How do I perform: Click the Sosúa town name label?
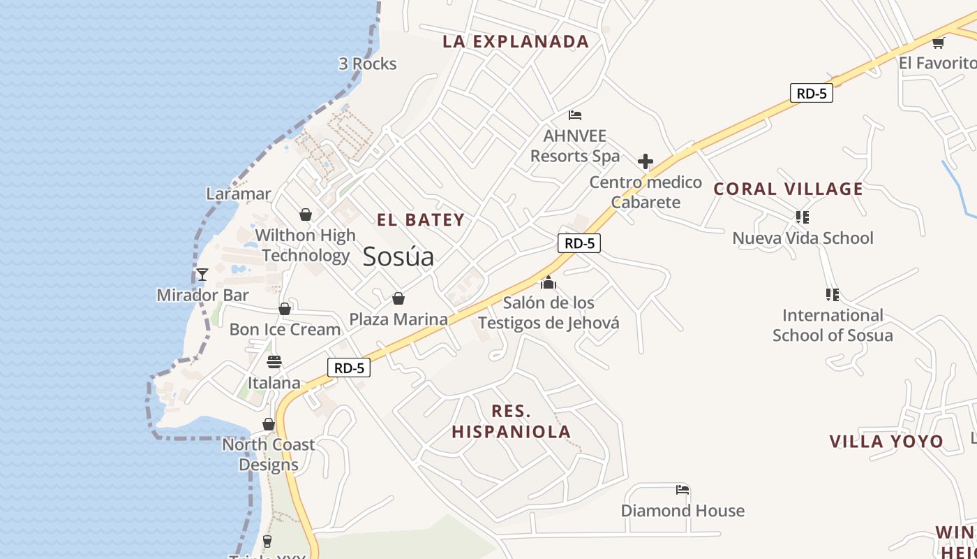tap(398, 256)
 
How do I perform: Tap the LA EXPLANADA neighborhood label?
tap(516, 41)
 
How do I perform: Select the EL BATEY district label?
tap(421, 220)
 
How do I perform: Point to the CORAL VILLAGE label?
tap(788, 189)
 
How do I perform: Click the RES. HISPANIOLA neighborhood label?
tap(512, 421)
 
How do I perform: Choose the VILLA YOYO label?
tap(886, 442)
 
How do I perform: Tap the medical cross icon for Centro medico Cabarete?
tap(646, 162)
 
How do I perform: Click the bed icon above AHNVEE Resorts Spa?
tap(575, 115)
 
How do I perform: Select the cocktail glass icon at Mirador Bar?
tap(202, 275)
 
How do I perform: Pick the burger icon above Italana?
tap(274, 362)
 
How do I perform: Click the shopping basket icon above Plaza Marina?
tap(398, 299)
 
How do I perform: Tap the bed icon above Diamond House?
tap(683, 490)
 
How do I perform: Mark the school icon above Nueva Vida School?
tap(803, 217)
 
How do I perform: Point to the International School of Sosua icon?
tap(832, 295)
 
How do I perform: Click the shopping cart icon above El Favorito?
tap(938, 43)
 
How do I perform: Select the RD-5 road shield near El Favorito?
tap(812, 93)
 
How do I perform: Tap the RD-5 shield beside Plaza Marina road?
tap(349, 368)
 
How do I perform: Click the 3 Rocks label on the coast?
tap(368, 64)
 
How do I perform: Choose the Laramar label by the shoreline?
tap(239, 194)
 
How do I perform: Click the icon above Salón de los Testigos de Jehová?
tap(549, 282)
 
